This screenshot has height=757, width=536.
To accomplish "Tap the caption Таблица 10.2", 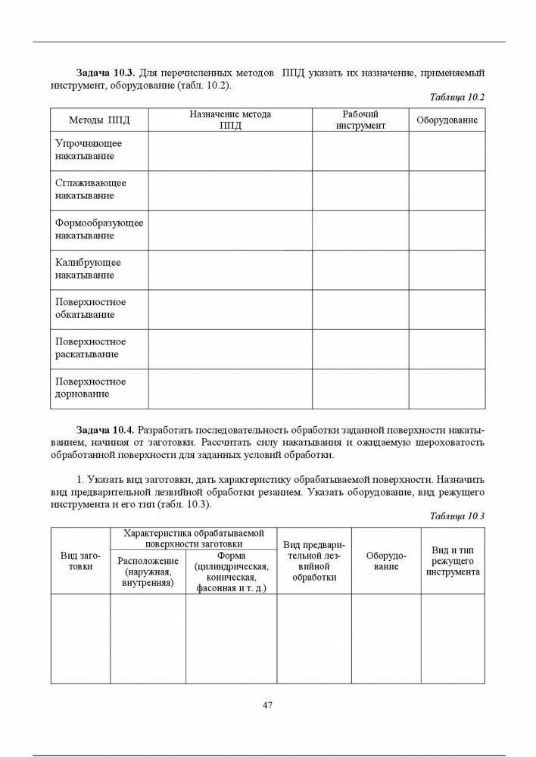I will pos(456,98).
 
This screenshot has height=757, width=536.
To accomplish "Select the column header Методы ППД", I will pos(99,120).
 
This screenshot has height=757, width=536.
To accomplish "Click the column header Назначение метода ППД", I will pos(230,120).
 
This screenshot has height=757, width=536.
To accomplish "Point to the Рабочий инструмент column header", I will pos(360,120).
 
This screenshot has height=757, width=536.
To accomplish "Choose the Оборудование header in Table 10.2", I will pos(447,120).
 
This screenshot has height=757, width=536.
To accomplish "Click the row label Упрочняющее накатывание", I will pos(89,150).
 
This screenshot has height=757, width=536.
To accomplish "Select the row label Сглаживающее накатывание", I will pos(90,190).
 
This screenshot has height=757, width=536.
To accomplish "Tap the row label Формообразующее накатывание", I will pos(98,229).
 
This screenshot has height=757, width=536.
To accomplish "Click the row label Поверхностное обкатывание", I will pos(90,309).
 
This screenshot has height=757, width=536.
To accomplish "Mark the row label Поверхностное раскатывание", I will pos(90,348).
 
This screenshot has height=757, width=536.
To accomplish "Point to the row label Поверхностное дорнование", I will pos(90,388).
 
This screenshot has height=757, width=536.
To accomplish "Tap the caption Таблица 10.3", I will pos(456,516).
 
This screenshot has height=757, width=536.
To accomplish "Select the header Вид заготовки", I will pos(80,561).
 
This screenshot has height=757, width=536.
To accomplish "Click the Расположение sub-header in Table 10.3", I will pos(148,572).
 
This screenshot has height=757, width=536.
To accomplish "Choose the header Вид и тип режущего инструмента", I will pos(453,561).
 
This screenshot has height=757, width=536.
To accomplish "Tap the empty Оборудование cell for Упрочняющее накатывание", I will pos(447,151).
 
